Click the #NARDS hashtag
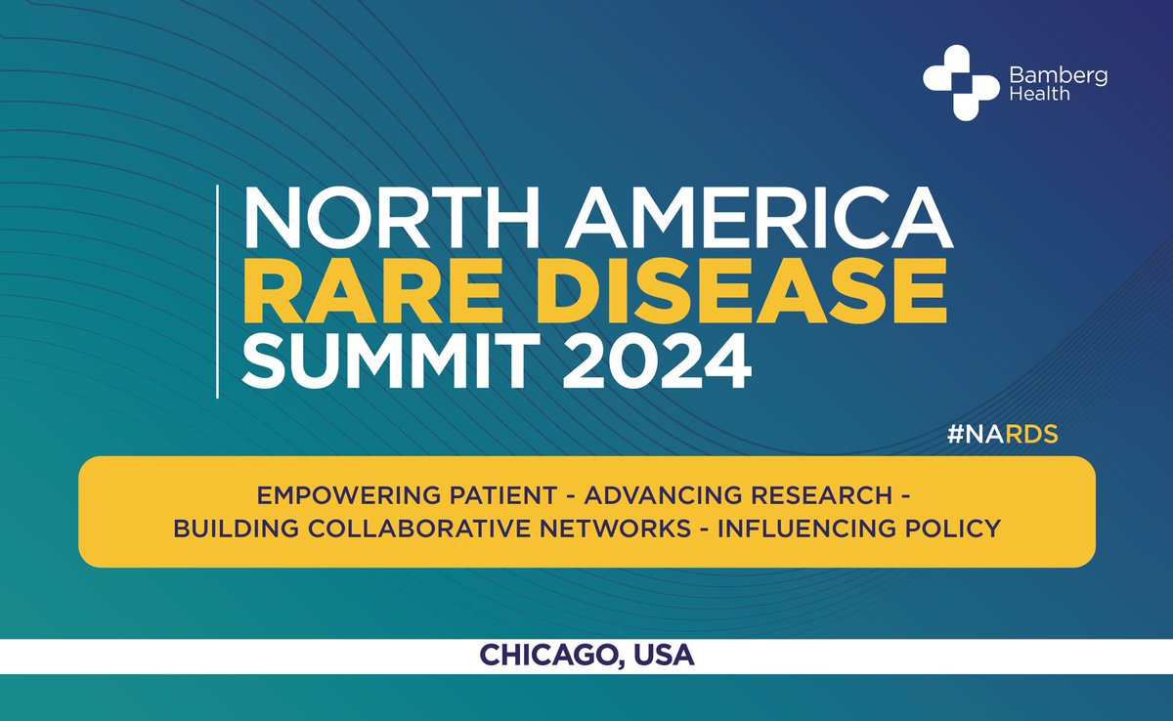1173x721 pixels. [x=1003, y=435]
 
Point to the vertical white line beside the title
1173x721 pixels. [x=217, y=292]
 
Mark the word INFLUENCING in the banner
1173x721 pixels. [x=808, y=529]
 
